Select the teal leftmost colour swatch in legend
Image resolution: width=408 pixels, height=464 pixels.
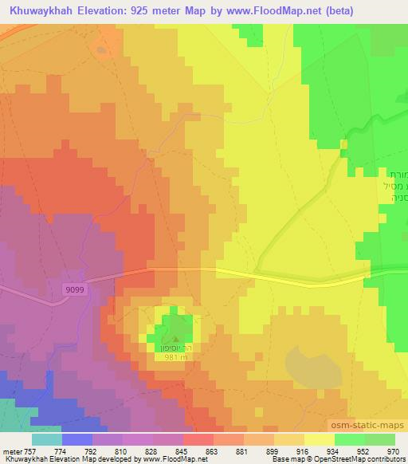click(x=46, y=438)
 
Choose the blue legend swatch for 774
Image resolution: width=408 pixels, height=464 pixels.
click(x=76, y=438)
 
